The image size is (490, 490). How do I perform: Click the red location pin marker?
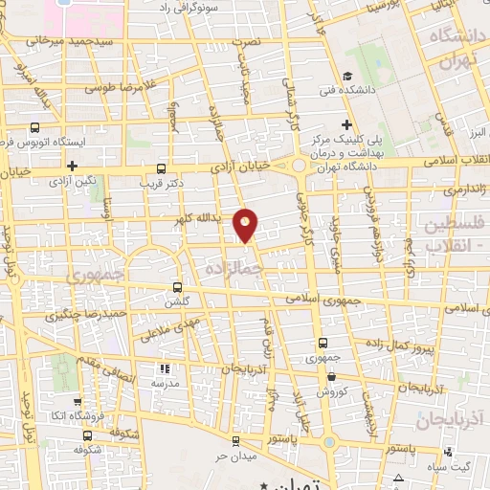(x=246, y=224)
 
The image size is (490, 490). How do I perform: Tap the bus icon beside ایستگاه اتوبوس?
(x=35, y=126)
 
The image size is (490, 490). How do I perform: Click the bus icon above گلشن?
(x=177, y=286)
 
